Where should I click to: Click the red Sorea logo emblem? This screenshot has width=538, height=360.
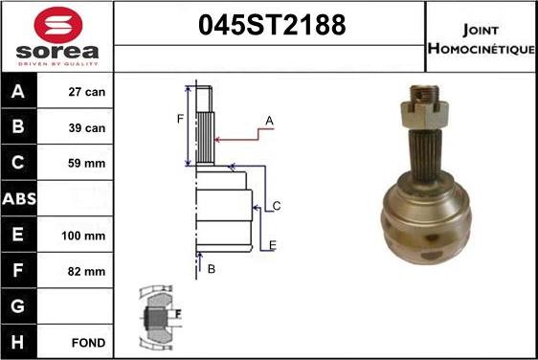pyautogui.click(x=58, y=24)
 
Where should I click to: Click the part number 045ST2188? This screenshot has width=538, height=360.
pyautogui.click(x=272, y=25)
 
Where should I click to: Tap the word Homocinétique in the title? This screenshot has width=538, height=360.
pyautogui.click(x=482, y=49)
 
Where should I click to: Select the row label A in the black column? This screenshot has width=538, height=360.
pyautogui.click(x=18, y=91)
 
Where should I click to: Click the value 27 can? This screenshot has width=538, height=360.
pyautogui.click(x=87, y=92)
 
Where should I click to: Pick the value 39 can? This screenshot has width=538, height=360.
pyautogui.click(x=87, y=128)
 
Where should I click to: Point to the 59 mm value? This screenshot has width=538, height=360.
pyautogui.click(x=86, y=164)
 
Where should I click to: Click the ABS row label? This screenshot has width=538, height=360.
pyautogui.click(x=19, y=199)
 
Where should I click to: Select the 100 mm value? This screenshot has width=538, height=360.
pyautogui.click(x=83, y=236)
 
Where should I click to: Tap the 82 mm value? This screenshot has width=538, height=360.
pyautogui.click(x=86, y=272)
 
